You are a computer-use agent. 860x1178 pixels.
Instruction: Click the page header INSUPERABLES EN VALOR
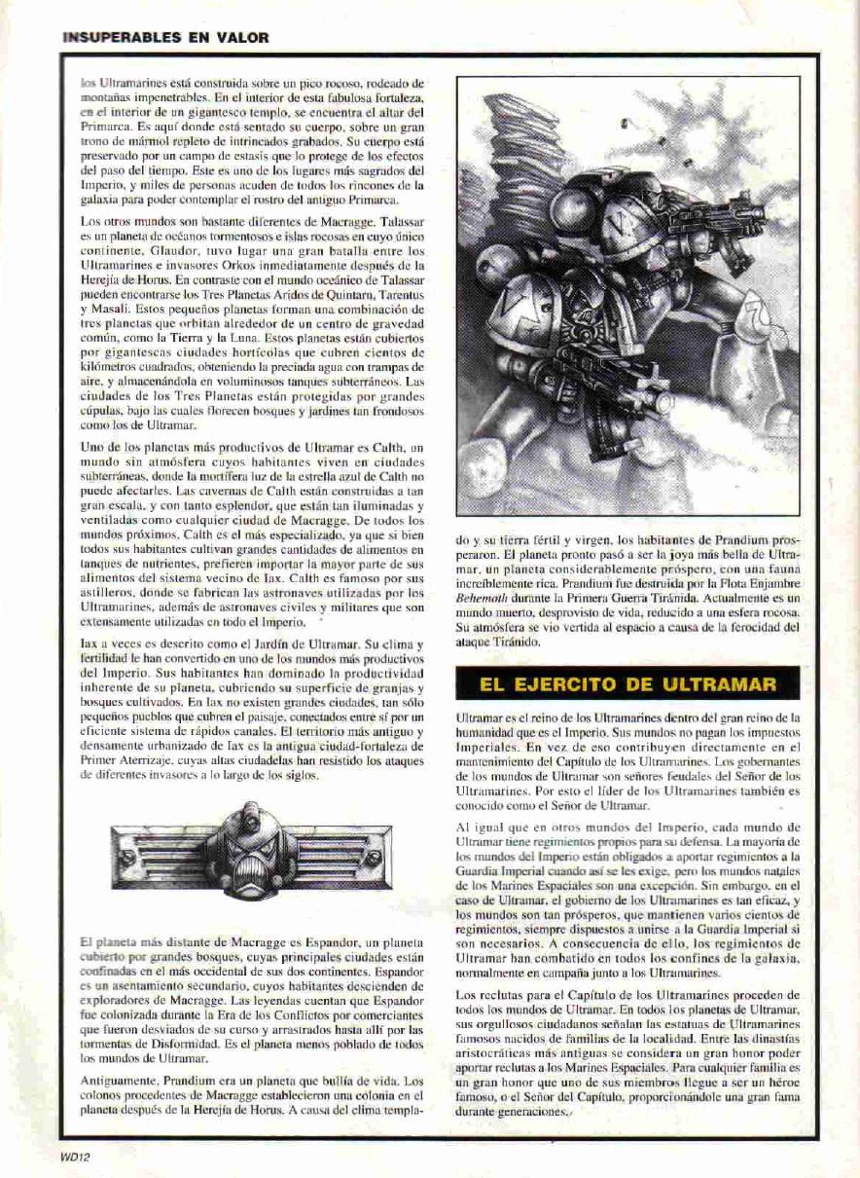coord(164,38)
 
